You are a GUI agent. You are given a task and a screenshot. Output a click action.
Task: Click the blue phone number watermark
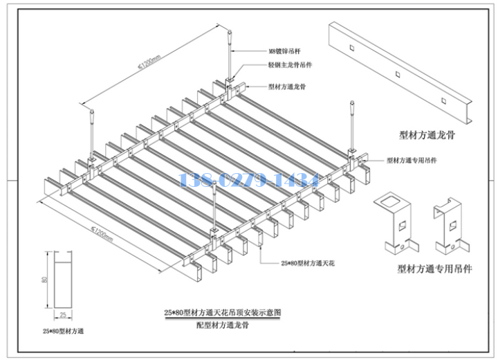[248, 181]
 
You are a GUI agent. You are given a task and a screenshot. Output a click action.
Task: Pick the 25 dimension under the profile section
[62, 315]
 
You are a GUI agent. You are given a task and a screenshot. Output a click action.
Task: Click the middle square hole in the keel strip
[397, 72]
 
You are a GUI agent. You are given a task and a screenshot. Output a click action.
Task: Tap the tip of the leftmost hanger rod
[91, 109]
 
